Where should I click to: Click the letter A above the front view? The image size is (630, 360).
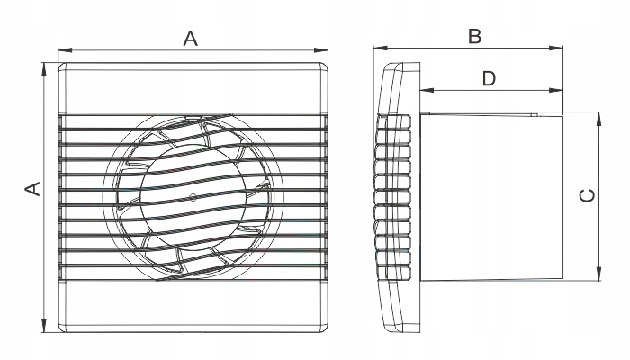pyautogui.click(x=190, y=38)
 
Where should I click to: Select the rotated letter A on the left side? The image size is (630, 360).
pyautogui.click(x=31, y=188)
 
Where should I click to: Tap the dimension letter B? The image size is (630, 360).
pyautogui.click(x=475, y=36)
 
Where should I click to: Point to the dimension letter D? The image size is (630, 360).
pyautogui.click(x=489, y=78)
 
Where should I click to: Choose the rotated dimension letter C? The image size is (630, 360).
pyautogui.click(x=586, y=195)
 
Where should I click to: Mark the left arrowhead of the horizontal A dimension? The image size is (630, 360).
pyautogui.click(x=61, y=50)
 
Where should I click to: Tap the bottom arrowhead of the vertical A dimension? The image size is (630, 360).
pyautogui.click(x=43, y=327)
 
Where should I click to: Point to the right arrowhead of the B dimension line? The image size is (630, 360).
pyautogui.click(x=560, y=49)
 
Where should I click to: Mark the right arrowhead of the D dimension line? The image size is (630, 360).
pyautogui.click(x=560, y=91)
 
